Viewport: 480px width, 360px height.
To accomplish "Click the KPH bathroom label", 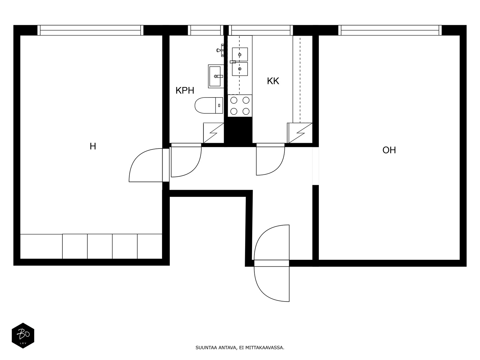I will point(185,90).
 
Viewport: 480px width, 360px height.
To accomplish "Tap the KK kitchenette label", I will point(273,81).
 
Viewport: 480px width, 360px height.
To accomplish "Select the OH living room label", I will point(389,150).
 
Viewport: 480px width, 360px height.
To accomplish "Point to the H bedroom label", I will point(93,146).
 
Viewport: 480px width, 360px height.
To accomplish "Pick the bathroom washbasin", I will point(215,76).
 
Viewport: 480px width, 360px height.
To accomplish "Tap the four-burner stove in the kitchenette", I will point(240,106).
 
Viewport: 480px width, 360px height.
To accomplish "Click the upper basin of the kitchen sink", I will point(240,54).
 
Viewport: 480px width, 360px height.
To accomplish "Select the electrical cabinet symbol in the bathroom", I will point(213,133).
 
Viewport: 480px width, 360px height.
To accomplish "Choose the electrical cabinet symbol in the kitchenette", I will point(300,133).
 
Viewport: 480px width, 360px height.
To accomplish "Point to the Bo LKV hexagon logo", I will point(23,335).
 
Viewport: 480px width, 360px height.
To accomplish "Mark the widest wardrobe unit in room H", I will point(41,246).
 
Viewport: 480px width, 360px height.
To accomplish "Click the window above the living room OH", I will point(390,30).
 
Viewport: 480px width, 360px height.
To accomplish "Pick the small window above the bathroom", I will point(205,30).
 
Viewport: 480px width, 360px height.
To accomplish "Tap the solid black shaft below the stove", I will point(239,130).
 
